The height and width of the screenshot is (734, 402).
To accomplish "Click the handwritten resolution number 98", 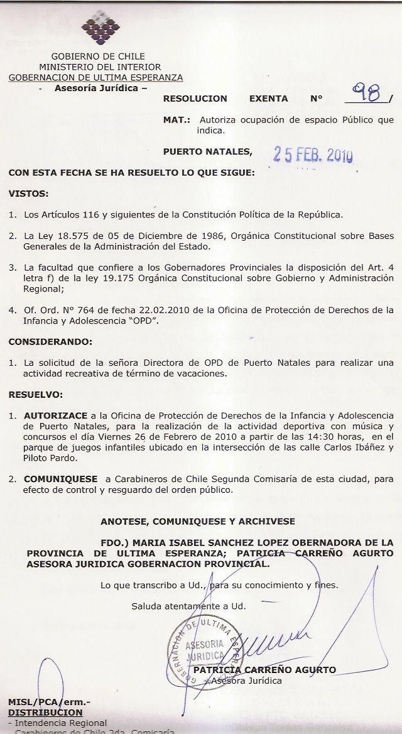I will tap(367, 94).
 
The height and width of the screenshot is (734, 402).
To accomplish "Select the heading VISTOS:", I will tap(28, 194).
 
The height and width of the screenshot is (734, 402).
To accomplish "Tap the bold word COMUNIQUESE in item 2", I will tap(60, 479).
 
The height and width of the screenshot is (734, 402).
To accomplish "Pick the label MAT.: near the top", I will tap(177, 120).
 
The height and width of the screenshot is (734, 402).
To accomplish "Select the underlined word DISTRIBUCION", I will tap(45, 713).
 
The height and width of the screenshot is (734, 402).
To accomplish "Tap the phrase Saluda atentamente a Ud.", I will tap(188, 606).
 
